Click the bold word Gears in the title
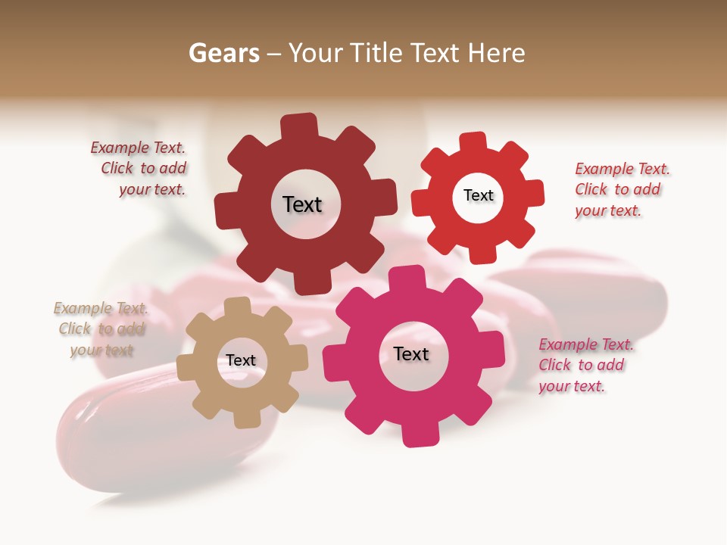[x=224, y=53]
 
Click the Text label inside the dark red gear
[x=302, y=204]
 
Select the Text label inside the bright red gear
[x=478, y=195]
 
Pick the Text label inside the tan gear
[x=241, y=360]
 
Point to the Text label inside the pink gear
[x=411, y=353]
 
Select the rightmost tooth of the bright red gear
[x=533, y=193]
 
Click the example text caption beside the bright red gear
[x=622, y=189]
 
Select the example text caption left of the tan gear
[x=101, y=329]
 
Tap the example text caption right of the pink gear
[x=585, y=365]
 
